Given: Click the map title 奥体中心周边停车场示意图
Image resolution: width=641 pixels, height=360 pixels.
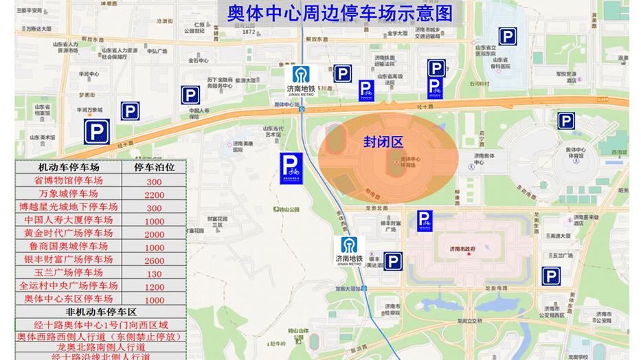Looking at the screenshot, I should pyautogui.click(x=340, y=14).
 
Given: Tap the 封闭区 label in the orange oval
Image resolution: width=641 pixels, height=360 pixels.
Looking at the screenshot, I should pyautogui.click(x=383, y=142).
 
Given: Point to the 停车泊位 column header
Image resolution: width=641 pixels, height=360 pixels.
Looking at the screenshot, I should pyautogui.click(x=153, y=167).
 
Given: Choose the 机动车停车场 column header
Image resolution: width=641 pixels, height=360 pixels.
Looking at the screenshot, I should pyautogui.click(x=68, y=167).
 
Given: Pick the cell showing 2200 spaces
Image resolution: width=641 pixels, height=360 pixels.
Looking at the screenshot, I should pyautogui.click(x=153, y=194).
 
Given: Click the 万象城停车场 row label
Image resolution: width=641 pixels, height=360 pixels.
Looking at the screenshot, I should pyautogui.click(x=68, y=194).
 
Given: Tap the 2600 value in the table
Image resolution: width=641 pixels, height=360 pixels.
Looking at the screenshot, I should pyautogui.click(x=153, y=260).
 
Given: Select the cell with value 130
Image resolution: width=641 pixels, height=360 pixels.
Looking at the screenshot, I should pyautogui.click(x=153, y=273).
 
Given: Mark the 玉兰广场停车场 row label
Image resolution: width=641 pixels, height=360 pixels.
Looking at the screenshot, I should pyautogui.click(x=68, y=273).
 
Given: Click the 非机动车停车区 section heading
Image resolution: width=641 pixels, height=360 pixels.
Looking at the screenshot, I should pyautogui.click(x=101, y=313).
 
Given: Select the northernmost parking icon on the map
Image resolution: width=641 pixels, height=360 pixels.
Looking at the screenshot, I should pyautogui.click(x=508, y=38).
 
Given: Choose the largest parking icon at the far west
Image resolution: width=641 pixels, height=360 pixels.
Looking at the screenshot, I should pyautogui.click(x=95, y=131).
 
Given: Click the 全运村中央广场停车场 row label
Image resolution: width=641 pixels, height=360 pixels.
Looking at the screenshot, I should pyautogui.click(x=68, y=286).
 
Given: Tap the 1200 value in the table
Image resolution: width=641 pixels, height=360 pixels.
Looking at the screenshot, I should pyautogui.click(x=153, y=286).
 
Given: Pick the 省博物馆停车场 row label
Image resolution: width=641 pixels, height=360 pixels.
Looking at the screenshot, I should pyautogui.click(x=68, y=181).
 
